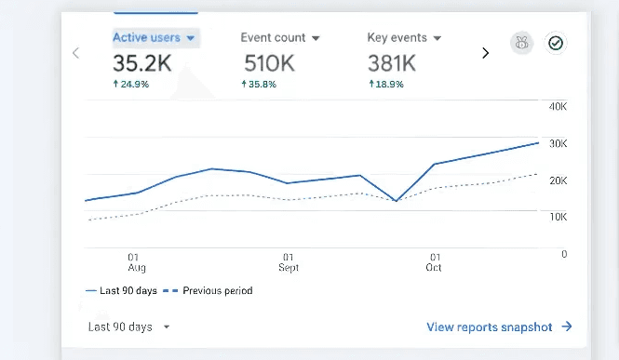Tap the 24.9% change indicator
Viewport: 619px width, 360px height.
click(x=131, y=84)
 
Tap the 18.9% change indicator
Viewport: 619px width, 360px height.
click(x=386, y=84)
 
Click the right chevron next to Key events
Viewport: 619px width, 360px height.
click(x=485, y=53)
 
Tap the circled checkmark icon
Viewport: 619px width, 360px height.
click(x=556, y=43)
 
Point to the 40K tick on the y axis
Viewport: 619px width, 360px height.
click(x=558, y=107)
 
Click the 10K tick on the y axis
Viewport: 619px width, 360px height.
click(x=558, y=217)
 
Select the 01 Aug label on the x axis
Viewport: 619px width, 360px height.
click(x=134, y=262)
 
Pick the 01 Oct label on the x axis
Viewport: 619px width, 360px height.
click(x=434, y=262)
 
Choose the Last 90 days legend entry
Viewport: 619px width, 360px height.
click(x=121, y=291)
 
